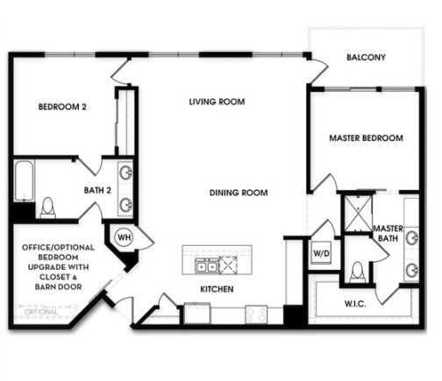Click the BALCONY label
[x=366, y=58]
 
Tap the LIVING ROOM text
[x=217, y=102]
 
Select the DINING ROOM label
[x=239, y=193]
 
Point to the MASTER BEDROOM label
[x=366, y=138]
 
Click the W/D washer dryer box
[x=321, y=254]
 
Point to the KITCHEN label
[x=216, y=288]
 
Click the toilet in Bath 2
[x=47, y=208]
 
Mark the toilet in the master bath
[x=356, y=272]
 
